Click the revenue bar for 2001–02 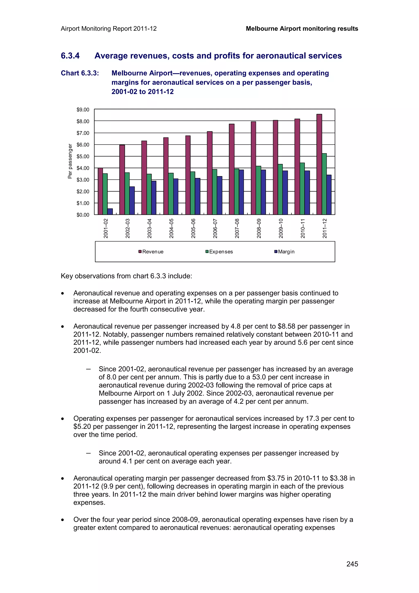coord(100,191)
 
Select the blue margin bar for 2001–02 coord(110,212)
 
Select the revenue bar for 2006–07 coord(210,173)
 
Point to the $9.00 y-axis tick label coord(83,110)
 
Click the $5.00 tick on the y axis coord(83,157)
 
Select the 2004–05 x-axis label coord(171,228)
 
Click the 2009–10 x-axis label coord(281,228)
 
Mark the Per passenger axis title coord(70,161)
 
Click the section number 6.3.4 coord(70,56)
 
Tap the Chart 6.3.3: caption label coord(80,73)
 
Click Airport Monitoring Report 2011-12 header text coord(109,29)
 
